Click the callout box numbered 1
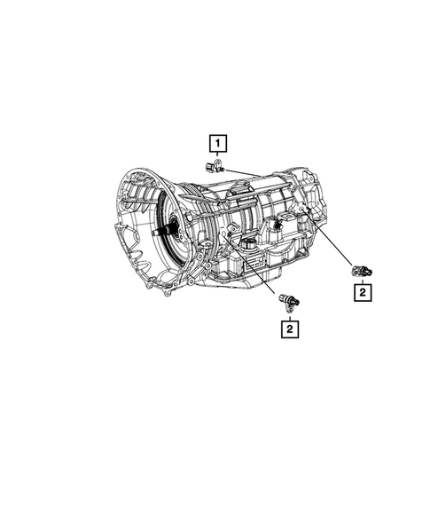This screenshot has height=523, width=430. pos(216,140)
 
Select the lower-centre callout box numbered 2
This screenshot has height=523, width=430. pos(290,329)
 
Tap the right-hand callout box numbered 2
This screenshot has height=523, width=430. pos(362,290)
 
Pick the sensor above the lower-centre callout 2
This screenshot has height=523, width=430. pos(288,300)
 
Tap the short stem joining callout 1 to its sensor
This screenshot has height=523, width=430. pos(216,154)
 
